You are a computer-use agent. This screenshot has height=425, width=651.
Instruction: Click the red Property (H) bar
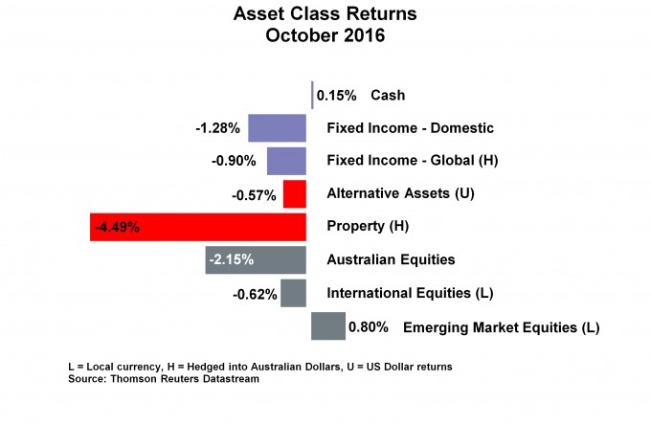pyautogui.click(x=198, y=227)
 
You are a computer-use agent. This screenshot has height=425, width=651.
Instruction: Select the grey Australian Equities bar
pyautogui.click(x=256, y=259)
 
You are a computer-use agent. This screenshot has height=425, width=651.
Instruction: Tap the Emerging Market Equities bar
pyautogui.click(x=328, y=325)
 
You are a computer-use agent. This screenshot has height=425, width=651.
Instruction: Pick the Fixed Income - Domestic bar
pyautogui.click(x=278, y=128)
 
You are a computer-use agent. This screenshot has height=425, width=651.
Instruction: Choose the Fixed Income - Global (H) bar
pyautogui.click(x=286, y=161)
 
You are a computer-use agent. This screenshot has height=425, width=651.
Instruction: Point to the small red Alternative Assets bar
pyautogui.click(x=295, y=193)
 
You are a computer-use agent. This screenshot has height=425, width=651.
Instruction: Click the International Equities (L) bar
pyautogui.click(x=294, y=293)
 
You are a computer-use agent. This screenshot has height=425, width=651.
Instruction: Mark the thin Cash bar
pyautogui.click(x=312, y=95)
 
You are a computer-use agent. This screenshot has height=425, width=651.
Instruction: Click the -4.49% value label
pyautogui.click(x=118, y=228)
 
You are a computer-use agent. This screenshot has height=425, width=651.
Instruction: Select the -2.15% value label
pyautogui.click(x=232, y=259)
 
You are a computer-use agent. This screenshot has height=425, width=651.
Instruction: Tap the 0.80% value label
pyautogui.click(x=369, y=327)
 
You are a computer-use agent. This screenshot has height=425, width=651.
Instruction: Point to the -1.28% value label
pyautogui.click(x=218, y=128)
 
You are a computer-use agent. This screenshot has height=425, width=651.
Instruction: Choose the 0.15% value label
pyautogui.click(x=336, y=96)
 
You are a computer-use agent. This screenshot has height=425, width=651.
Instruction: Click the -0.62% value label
pyautogui.click(x=255, y=295)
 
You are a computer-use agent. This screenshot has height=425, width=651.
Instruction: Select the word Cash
pyautogui.click(x=388, y=95)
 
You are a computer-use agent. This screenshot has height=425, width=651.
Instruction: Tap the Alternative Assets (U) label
pyautogui.click(x=400, y=193)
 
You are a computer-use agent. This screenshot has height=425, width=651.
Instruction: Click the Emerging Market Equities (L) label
pyautogui.click(x=501, y=327)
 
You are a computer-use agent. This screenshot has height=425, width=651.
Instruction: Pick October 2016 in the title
pyautogui.click(x=325, y=35)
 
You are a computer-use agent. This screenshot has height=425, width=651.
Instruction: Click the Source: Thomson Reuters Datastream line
pyautogui.click(x=164, y=379)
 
